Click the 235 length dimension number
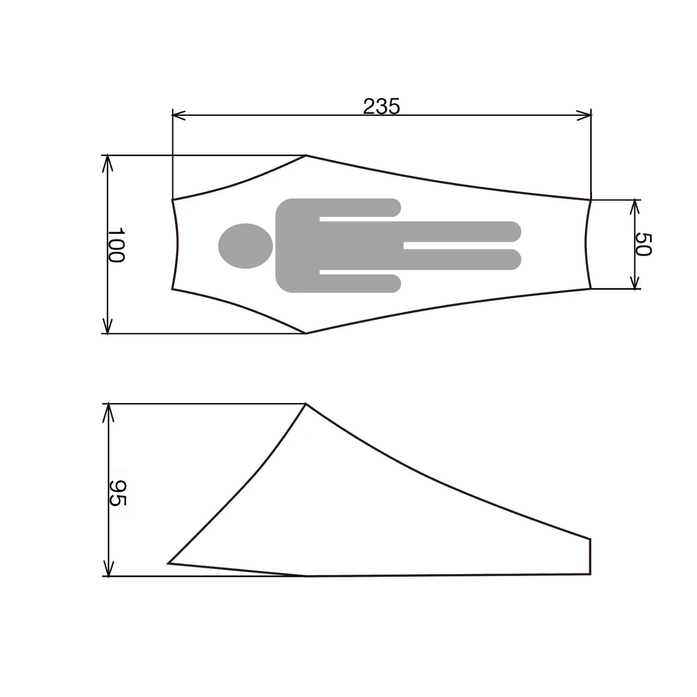[381, 106]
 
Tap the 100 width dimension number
[116, 245]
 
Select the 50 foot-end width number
[643, 244]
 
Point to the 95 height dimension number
[117, 493]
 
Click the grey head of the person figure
[245, 246]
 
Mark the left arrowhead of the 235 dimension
[178, 115]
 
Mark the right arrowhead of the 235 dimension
[585, 115]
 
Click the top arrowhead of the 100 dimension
[107, 162]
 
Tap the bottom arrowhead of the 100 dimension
[107, 328]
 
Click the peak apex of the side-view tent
[306, 404]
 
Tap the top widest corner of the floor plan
[306, 155]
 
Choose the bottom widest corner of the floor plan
[306, 333]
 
